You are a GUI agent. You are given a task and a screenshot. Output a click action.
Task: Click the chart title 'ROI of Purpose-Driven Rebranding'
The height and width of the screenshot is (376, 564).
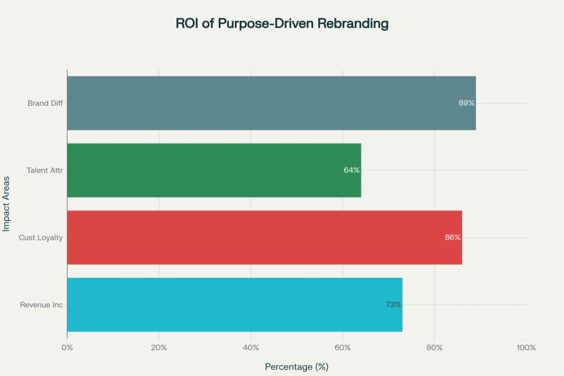(282, 24)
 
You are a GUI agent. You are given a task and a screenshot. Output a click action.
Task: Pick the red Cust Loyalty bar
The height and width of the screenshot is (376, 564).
(264, 237)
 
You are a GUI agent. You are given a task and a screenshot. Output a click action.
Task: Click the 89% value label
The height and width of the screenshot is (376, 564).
(466, 103)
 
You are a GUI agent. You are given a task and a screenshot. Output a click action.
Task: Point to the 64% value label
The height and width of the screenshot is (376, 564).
(351, 170)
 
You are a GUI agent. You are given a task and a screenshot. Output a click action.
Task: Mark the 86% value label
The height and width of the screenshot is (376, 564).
(453, 237)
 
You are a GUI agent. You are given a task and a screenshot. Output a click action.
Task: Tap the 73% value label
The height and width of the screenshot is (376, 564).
(393, 304)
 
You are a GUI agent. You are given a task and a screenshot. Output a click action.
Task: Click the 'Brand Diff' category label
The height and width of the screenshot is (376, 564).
(45, 103)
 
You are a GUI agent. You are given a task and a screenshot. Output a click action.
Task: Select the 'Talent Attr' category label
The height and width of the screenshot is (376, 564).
(45, 170)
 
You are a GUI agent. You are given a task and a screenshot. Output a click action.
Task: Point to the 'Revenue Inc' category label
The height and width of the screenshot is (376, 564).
(41, 304)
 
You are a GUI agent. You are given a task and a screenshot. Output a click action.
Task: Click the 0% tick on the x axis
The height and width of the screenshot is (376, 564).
(67, 347)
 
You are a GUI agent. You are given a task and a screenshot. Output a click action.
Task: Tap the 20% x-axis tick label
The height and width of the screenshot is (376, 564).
(159, 347)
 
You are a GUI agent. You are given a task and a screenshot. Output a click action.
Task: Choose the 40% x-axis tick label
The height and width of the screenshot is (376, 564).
(251, 347)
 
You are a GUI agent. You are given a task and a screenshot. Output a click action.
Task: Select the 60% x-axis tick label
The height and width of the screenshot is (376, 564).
(343, 347)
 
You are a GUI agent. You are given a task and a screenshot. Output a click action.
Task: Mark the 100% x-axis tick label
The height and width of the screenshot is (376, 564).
(526, 347)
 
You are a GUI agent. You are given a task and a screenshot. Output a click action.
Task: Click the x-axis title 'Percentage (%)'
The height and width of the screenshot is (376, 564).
(297, 367)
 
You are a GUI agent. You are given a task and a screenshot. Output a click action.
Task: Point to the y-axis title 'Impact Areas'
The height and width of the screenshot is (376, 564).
(7, 204)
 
